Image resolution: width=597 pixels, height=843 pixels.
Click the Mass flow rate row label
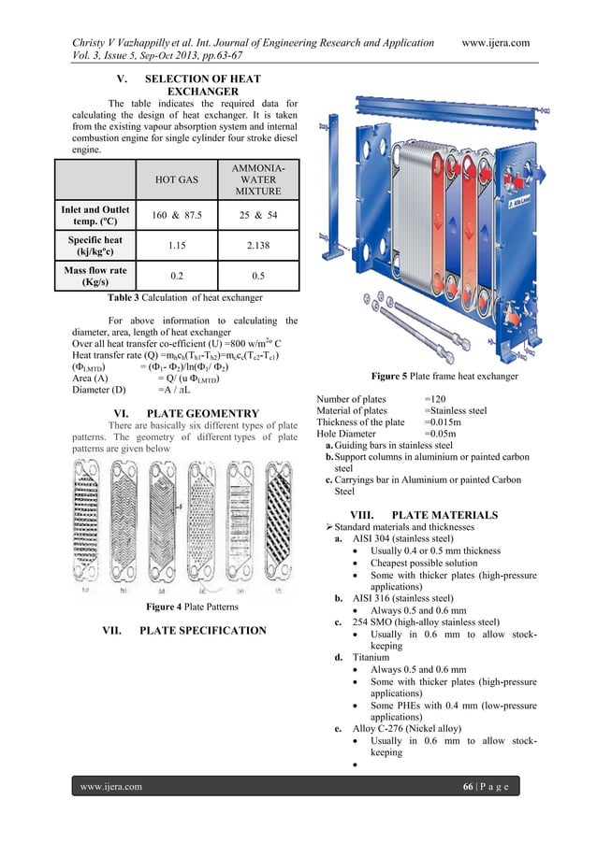click(x=96, y=277)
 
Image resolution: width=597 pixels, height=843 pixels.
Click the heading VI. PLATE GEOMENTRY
click(x=184, y=413)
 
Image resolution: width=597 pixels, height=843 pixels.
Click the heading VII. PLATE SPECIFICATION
click(x=183, y=631)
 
